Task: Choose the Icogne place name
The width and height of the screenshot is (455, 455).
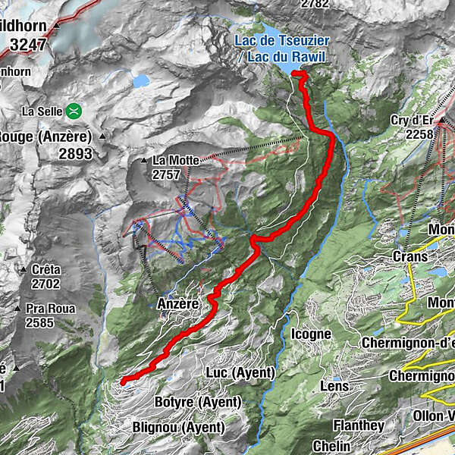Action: (x=311, y=334)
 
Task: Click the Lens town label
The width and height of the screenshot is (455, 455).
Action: (x=334, y=386)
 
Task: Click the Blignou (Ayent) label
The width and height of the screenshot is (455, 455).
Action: (x=178, y=428)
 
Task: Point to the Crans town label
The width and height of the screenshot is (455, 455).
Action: (x=410, y=256)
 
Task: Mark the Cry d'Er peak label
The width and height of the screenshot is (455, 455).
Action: (x=412, y=120)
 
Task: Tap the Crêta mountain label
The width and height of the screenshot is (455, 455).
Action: (x=45, y=269)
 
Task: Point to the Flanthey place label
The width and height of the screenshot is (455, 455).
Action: (x=358, y=426)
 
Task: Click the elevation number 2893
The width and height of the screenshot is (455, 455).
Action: (x=67, y=154)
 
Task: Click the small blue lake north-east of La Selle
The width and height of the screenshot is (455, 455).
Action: (x=140, y=80)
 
